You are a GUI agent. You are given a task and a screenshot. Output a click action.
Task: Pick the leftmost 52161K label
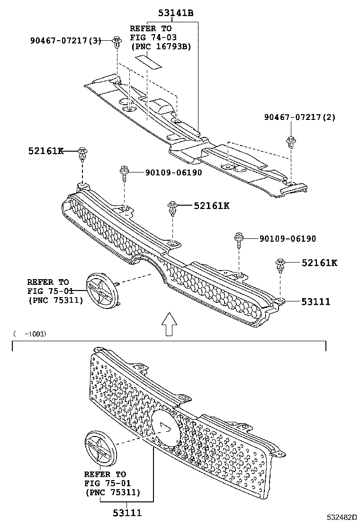click(x=45, y=151)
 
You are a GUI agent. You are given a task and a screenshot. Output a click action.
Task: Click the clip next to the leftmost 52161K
click(x=83, y=153)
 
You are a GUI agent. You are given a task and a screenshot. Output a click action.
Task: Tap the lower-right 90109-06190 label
click(x=288, y=239)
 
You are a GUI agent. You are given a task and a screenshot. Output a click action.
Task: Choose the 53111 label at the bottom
click(x=127, y=512)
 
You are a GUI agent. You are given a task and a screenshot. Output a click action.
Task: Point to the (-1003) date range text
click(x=30, y=334)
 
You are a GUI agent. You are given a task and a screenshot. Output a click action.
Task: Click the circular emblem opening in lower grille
click(x=166, y=426)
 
